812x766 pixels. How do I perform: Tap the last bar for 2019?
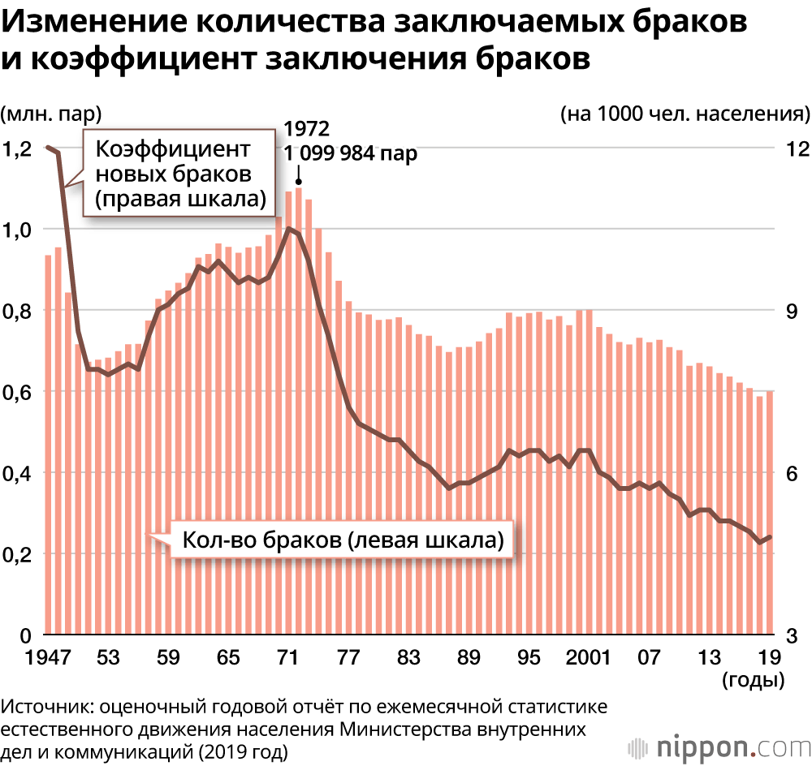pos(770,511)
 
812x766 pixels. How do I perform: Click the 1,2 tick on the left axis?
pos(17,149)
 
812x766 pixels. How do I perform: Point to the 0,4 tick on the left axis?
pos(17,474)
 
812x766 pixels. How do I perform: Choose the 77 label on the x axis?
pos(349,656)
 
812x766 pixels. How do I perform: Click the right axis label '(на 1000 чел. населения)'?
pos(685,114)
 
